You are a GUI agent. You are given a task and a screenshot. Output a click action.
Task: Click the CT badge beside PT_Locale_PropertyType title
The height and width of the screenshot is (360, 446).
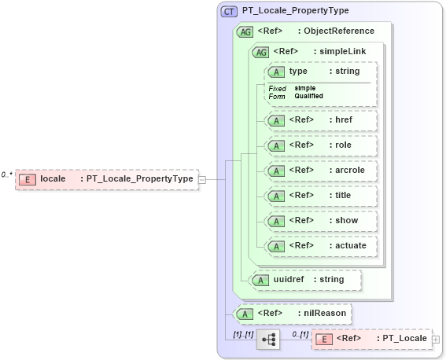click(230, 11)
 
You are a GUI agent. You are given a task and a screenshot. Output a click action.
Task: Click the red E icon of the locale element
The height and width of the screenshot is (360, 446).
click(27, 179)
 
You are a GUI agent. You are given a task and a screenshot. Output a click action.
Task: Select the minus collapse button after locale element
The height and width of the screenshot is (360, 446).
click(202, 179)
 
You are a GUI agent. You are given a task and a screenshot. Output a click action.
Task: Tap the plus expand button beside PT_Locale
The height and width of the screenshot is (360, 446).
click(436, 339)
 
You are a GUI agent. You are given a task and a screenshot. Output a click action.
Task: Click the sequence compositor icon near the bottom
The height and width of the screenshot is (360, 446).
click(268, 339)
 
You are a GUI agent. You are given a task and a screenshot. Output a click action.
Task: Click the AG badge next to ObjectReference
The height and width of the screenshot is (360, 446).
click(245, 31)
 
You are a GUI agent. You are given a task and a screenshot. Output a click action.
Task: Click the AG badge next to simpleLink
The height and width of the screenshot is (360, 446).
click(260, 52)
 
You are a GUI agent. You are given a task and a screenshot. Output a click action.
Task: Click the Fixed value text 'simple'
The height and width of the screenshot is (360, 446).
click(305, 88)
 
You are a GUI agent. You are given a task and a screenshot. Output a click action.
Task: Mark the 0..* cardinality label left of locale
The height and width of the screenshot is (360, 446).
click(7, 174)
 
